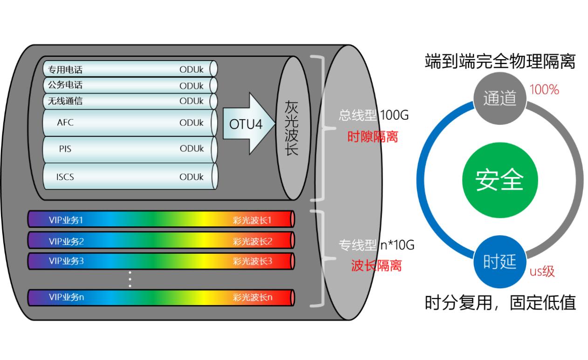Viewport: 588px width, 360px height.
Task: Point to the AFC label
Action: click(65, 123)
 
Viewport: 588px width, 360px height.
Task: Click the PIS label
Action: click(65, 149)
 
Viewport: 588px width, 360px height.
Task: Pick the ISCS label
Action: click(65, 177)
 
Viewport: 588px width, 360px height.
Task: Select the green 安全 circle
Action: click(499, 180)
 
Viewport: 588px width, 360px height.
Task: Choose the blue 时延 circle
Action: click(499, 262)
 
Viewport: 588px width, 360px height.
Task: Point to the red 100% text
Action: click(544, 90)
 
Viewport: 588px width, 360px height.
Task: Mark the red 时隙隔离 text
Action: click(373, 136)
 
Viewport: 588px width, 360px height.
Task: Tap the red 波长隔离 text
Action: click(376, 265)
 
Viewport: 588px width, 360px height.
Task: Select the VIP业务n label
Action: click(67, 297)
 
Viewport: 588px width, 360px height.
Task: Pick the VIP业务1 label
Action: click(66, 219)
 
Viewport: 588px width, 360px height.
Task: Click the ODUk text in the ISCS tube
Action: click(191, 177)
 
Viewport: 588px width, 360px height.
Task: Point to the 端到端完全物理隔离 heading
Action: click(500, 61)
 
